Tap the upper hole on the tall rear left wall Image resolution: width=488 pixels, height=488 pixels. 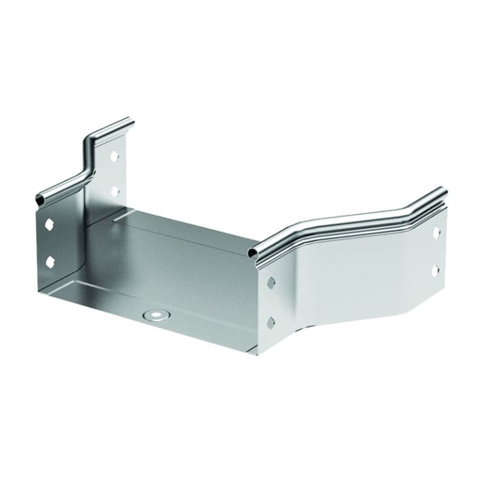coord(114,157)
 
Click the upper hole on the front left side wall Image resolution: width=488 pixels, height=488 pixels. coord(49,223)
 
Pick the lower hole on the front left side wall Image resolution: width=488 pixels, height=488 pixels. coord(49,260)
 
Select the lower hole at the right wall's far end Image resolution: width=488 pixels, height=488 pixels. coord(435,269)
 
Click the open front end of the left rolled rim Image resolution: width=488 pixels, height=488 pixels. coord(40,200)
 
